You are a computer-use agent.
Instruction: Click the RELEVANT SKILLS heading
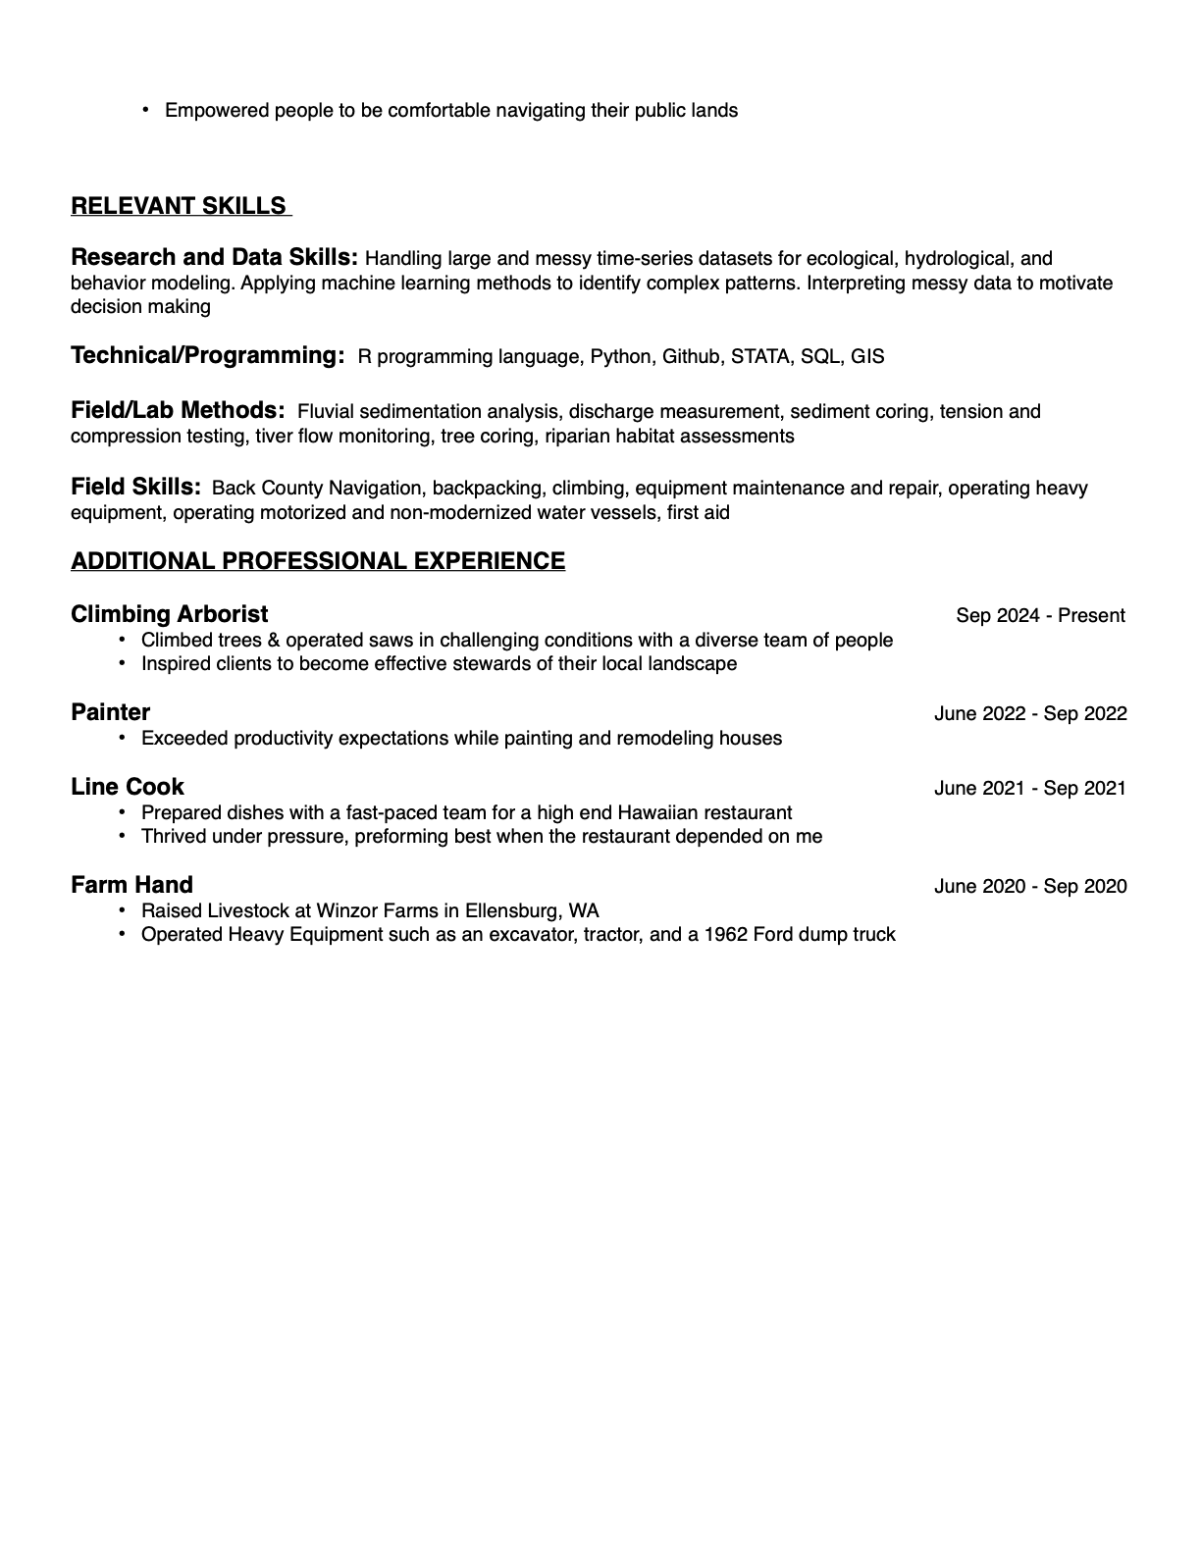pos(181,206)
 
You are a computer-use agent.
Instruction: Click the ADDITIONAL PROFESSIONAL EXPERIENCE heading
pos(318,561)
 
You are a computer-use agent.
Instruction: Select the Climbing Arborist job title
pos(169,614)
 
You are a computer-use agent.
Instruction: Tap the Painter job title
pos(110,712)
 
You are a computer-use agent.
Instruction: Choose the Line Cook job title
pos(127,787)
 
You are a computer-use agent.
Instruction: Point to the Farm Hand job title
pos(131,885)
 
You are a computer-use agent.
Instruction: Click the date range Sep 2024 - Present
pos(1040,616)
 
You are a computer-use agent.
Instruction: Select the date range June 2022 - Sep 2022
pos(1030,714)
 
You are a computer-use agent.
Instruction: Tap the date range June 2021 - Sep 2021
pos(1030,789)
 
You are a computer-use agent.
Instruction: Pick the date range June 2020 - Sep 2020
pos(1030,887)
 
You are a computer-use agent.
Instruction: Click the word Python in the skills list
pos(620,357)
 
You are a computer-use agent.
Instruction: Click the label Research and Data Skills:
pos(214,257)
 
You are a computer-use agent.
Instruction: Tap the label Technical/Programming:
pos(207,355)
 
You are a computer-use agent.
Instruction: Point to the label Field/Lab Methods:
pos(178,410)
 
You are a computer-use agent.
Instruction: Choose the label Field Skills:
pos(135,487)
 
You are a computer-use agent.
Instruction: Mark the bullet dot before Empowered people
pos(146,110)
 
